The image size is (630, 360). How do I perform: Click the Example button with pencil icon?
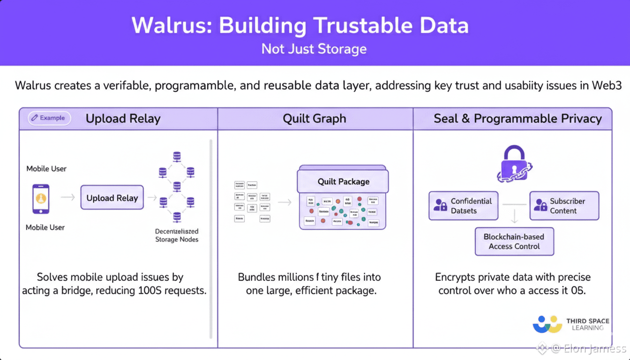coord(49,118)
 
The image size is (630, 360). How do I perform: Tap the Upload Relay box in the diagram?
coord(112,198)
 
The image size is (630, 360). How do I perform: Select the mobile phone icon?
coord(41,199)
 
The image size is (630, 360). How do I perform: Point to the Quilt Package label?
coord(343,181)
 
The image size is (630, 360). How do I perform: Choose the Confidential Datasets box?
coord(463,206)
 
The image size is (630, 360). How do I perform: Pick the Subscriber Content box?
coord(564,206)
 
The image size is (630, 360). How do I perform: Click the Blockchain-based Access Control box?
coord(514,242)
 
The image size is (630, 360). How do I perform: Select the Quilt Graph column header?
coord(315,119)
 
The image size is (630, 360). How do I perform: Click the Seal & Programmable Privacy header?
coord(517,119)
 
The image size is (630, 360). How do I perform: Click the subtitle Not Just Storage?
coord(314,49)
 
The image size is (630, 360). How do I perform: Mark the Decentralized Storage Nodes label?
coord(177,235)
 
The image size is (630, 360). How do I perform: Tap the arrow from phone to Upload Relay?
coord(68,198)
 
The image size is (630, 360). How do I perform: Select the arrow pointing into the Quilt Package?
coord(285,202)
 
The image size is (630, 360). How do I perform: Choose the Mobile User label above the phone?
coord(46,169)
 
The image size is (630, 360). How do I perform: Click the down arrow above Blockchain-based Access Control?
coord(514,216)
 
